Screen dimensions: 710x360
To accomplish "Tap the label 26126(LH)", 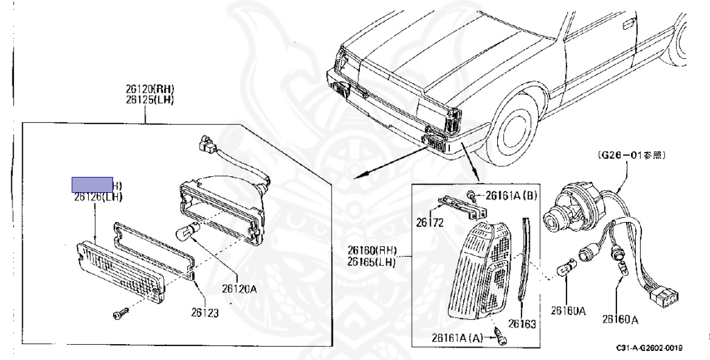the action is (98, 197).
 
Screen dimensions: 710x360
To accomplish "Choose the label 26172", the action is (430, 223).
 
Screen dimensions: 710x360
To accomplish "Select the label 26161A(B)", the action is (511, 195).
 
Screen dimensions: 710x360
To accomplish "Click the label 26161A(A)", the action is (456, 338).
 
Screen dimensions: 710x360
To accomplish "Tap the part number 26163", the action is (522, 323).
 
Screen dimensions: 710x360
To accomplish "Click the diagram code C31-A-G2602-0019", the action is (648, 348).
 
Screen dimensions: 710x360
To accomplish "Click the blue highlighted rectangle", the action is (93, 184).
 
